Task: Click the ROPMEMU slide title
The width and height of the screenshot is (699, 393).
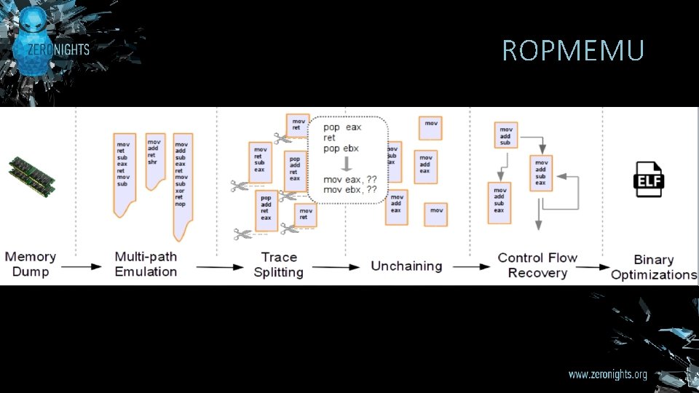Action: (573, 51)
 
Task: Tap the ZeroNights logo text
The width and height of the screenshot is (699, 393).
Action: (59, 49)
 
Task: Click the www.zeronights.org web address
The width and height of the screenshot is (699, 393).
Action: (607, 375)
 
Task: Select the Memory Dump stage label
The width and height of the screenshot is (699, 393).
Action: (31, 264)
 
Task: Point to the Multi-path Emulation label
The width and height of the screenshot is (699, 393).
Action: (146, 264)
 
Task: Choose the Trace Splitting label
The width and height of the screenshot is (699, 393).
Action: (278, 265)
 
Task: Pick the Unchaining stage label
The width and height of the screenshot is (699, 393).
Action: (406, 266)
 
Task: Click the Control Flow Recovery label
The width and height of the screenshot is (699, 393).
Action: (537, 265)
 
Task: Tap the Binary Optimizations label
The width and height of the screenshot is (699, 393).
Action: (654, 267)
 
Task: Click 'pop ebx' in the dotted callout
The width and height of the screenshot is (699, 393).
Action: (341, 149)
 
